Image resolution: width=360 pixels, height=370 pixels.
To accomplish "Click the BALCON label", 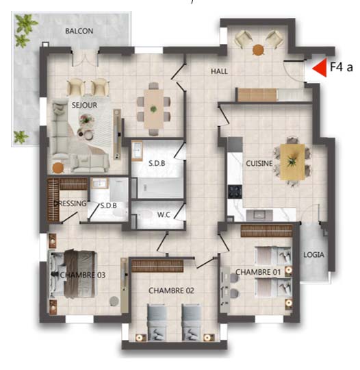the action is [79, 31].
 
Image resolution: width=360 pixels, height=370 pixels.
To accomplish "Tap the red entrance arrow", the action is [320, 68].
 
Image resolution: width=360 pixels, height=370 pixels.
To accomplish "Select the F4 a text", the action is [342, 67].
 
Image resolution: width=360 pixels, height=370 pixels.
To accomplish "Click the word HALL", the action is [219, 71].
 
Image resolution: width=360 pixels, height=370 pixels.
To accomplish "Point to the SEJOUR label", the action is [84, 105].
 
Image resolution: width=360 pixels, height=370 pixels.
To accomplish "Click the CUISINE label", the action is [259, 163].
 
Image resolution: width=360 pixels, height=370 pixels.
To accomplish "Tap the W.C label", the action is [164, 214].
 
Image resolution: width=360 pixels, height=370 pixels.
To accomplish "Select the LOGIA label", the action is [313, 255].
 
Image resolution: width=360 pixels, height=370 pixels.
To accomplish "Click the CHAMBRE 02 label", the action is [171, 291].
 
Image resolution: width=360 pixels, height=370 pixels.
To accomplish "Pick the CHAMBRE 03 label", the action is [83, 275].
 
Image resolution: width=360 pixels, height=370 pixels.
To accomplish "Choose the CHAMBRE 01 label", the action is [258, 272].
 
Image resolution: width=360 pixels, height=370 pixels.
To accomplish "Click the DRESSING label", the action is [70, 203].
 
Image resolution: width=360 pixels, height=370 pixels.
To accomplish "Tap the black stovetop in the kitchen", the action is [235, 191].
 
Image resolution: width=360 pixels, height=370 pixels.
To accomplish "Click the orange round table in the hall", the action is [258, 50].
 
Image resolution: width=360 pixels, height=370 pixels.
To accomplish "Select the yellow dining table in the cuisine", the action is [292, 162].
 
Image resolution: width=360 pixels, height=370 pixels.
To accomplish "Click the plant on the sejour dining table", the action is [153, 109].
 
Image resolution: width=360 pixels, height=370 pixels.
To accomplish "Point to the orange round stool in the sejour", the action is [58, 168].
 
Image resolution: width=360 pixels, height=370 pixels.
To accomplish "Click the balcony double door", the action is [85, 58].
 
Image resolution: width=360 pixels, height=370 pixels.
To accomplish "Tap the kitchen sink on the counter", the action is [259, 215].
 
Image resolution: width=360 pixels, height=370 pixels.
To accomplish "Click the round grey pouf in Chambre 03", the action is [114, 301].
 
